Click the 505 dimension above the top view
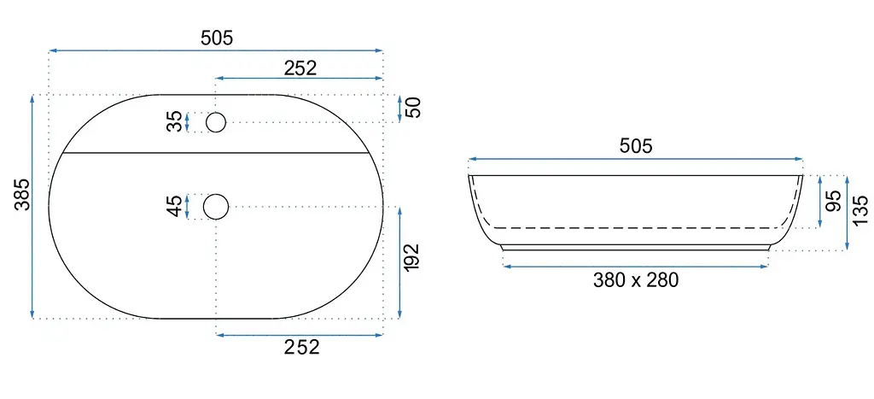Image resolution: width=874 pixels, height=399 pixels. [x=216, y=38]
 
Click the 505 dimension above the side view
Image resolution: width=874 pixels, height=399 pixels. [x=635, y=146]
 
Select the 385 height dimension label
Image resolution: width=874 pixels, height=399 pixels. [x=21, y=195]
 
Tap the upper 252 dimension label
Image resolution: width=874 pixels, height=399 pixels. [x=300, y=67]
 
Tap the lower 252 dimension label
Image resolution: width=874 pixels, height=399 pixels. [x=302, y=347]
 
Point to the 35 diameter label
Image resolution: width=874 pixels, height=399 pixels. [x=175, y=121]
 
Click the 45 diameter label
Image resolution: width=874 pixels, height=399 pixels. [x=175, y=206]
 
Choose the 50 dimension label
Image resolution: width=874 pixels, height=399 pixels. [x=413, y=107]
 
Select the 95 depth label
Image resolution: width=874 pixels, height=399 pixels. [x=833, y=201]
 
